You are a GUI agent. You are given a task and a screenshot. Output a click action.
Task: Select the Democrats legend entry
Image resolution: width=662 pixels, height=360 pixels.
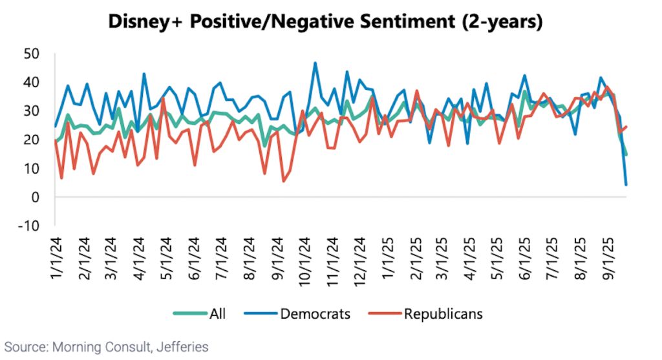pos(315,315)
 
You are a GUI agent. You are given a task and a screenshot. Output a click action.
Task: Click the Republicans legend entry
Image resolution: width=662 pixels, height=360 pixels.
pos(443,315)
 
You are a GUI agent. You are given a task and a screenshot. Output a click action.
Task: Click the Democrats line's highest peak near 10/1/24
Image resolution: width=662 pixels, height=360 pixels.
pos(315,63)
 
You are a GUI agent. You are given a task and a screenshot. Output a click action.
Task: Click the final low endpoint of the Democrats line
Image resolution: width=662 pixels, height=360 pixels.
pos(626,185)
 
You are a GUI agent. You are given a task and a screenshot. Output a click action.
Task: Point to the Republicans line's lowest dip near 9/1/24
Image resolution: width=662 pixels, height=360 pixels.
pos(284,181)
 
